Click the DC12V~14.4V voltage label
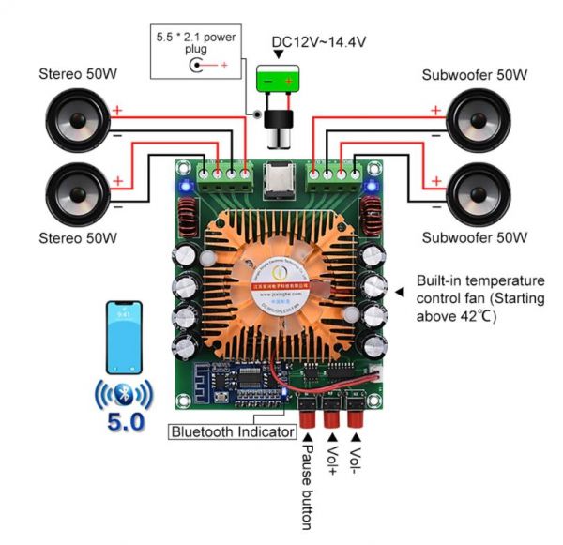pos(318,42)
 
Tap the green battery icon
pos(280,82)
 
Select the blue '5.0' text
pos(125,422)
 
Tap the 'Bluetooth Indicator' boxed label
pos(231,431)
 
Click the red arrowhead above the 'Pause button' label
pos(308,434)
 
